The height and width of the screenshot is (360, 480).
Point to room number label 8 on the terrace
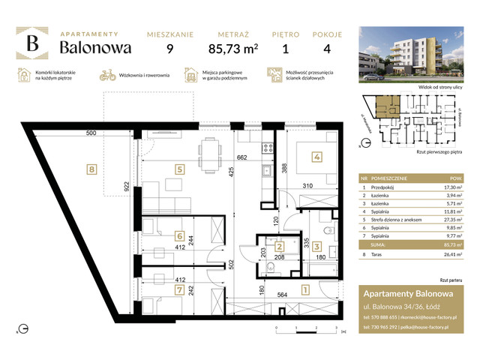point(91,169)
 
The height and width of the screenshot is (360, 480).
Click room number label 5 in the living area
point(179,169)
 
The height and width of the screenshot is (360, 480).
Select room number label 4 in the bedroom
point(316,157)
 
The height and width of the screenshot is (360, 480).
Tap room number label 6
point(178,234)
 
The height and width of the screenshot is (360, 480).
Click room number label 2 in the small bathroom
point(278,247)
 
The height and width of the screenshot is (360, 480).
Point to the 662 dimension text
point(241,158)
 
